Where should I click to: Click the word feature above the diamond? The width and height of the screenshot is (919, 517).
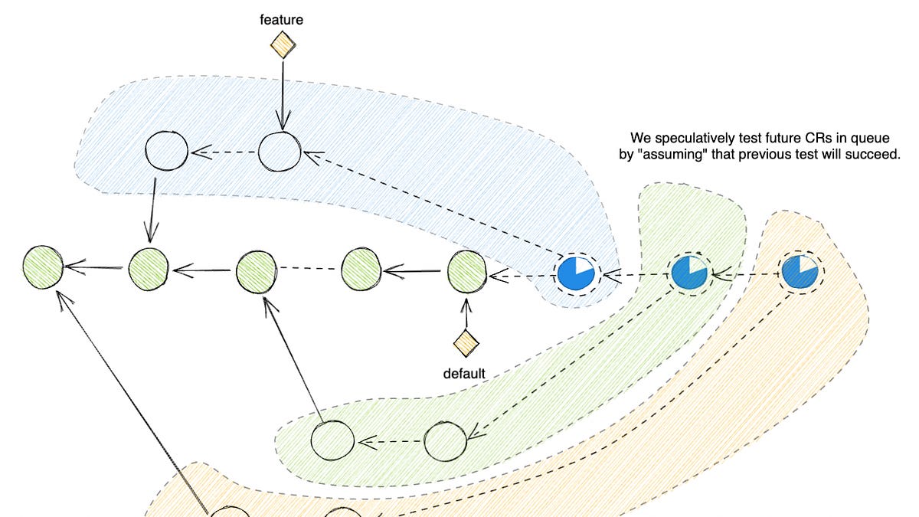pos(282,19)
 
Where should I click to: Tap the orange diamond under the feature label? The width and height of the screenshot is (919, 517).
pos(283,45)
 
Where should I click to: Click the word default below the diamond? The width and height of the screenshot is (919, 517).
pos(464,374)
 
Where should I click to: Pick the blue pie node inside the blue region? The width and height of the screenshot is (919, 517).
pos(576,273)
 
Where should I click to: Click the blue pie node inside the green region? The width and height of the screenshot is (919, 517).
pos(690,273)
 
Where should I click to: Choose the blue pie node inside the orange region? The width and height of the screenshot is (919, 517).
pos(799,272)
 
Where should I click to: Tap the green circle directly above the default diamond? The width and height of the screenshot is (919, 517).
pos(466,270)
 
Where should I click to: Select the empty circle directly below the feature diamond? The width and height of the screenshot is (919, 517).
pos(280,152)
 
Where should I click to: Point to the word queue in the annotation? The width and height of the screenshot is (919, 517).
pos(872,139)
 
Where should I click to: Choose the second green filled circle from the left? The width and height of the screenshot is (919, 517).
pos(149,268)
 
